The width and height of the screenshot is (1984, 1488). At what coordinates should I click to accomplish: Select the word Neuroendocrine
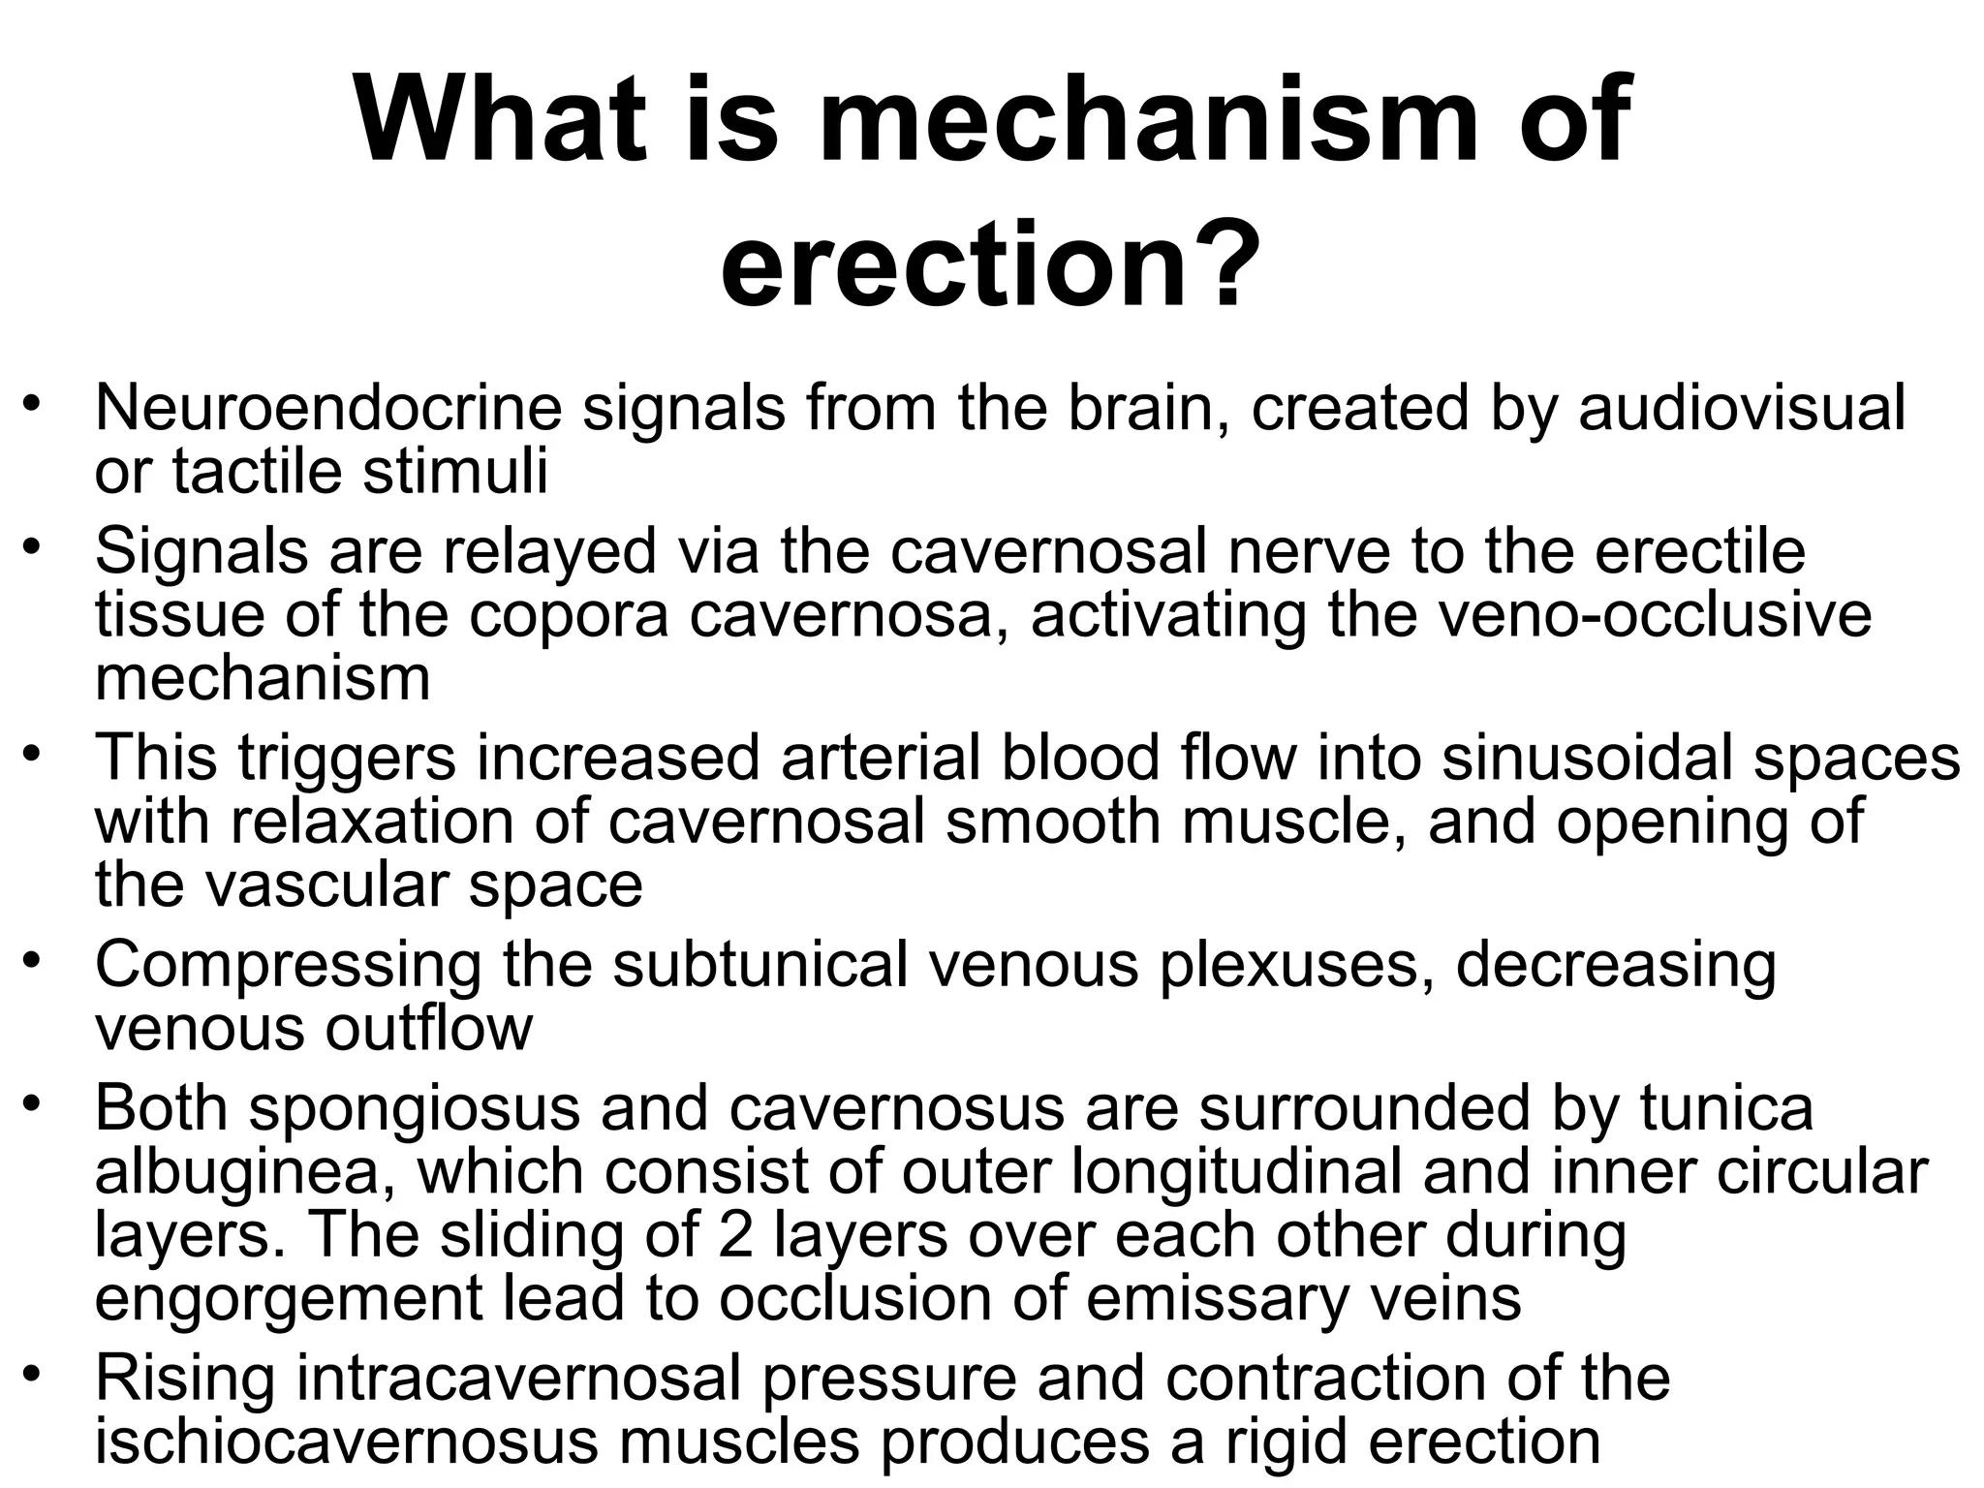[327, 408]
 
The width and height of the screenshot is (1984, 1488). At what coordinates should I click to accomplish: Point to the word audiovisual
[1742, 408]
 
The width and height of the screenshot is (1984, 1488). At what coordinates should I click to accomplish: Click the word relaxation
[410, 821]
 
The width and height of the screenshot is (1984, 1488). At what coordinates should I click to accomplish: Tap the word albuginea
[247, 1171]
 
